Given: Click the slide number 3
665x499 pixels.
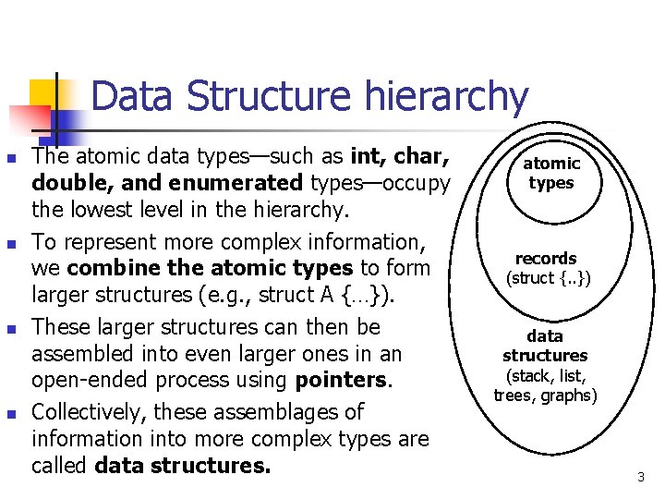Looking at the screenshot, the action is [640, 477].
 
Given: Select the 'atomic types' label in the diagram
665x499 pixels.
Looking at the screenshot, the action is [551, 173].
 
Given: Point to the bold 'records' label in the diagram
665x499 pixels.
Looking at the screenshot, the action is [546, 259].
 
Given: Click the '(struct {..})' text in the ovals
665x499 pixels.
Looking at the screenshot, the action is [548, 278].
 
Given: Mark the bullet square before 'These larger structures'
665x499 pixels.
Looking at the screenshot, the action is [10, 329].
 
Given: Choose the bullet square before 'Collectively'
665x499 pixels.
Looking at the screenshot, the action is [10, 414].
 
